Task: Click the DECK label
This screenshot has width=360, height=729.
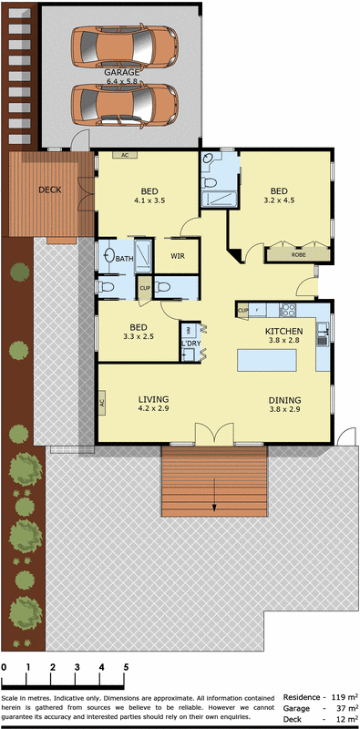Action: pos(50,190)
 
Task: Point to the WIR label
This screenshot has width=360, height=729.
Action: pos(177,257)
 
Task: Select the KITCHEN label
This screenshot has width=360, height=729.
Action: pos(283,331)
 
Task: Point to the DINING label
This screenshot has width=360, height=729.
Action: pos(285,399)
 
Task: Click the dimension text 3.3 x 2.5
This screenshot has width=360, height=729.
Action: pos(139,336)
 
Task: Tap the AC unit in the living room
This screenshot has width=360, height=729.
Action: pos(102,401)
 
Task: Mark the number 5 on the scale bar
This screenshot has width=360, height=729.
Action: pos(125,668)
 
